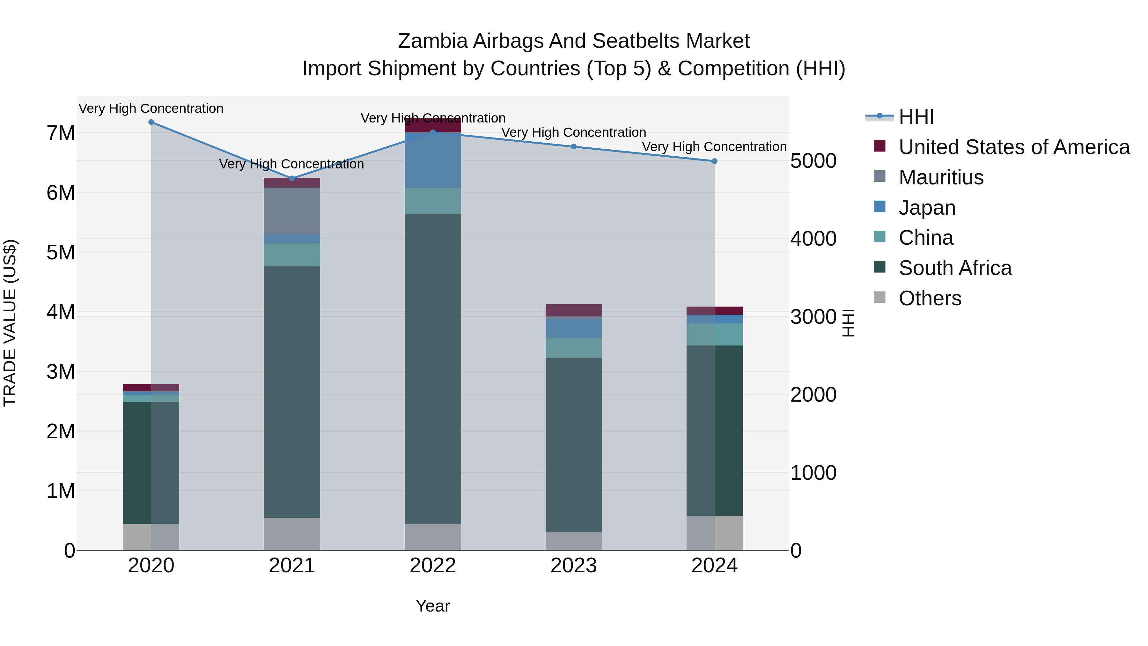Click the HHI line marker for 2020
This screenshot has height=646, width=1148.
pos(151,122)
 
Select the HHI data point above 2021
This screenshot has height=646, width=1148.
pos(292,178)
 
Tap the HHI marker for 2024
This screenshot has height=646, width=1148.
pos(714,161)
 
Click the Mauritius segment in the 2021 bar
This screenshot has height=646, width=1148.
pos(292,211)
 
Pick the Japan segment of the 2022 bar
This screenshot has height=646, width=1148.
pos(433,160)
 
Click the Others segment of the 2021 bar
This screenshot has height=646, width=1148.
pos(292,534)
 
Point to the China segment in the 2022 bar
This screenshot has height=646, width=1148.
pos(433,201)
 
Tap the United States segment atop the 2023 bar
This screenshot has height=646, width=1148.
pos(574,310)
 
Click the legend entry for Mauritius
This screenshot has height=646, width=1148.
pos(941,177)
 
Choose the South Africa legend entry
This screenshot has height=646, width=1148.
pos(954,268)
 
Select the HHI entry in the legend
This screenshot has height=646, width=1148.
pos(916,117)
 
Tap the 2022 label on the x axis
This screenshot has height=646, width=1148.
pos(433,566)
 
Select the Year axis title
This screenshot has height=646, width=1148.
pos(433,606)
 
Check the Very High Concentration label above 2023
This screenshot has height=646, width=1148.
pos(574,132)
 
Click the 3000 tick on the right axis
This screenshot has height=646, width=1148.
pos(813,317)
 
